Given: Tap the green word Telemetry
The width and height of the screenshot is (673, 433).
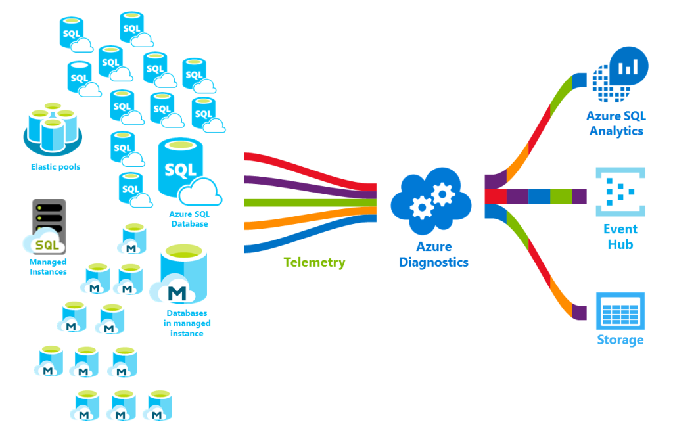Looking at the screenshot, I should (x=314, y=262).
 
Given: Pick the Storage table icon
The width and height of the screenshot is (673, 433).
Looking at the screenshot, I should (x=620, y=310).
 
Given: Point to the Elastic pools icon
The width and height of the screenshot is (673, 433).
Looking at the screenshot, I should (x=53, y=127).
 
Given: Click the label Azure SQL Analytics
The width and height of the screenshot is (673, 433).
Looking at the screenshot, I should (x=616, y=124).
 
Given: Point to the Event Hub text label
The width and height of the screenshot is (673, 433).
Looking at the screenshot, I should (x=620, y=237).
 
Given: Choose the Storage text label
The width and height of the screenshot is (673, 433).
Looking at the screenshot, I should (x=620, y=340).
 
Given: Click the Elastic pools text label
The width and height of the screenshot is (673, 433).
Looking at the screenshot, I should (x=55, y=167).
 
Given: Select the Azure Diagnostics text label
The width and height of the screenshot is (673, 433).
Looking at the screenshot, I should (x=433, y=255).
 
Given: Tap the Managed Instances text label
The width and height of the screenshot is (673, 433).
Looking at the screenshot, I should (x=48, y=267).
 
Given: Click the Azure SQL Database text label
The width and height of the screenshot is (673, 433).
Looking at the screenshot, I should (x=189, y=219).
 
